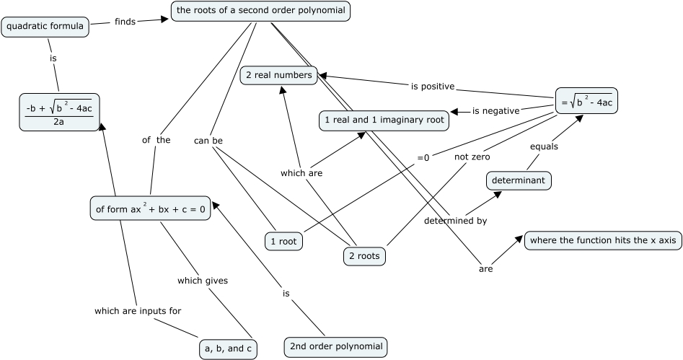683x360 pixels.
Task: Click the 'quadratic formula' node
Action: [45, 27]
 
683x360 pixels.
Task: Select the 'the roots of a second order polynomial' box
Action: [261, 12]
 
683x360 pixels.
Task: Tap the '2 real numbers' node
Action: [278, 75]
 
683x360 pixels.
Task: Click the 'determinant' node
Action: [519, 180]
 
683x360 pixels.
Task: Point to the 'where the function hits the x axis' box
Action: [603, 240]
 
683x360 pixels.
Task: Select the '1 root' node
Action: [283, 242]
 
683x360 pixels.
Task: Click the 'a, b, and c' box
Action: [228, 349]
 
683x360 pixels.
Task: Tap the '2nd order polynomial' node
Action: [336, 346]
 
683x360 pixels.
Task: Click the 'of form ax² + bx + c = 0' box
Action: [150, 209]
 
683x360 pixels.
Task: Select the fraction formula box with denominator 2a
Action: [58, 113]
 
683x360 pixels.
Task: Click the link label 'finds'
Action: [125, 22]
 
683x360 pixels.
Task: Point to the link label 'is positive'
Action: [433, 87]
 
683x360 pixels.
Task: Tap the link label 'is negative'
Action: [496, 111]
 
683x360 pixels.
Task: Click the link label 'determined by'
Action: [455, 221]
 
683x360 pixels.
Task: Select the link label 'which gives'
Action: [203, 281]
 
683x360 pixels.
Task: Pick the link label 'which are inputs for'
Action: [138, 311]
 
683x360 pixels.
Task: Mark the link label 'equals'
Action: [544, 146]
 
